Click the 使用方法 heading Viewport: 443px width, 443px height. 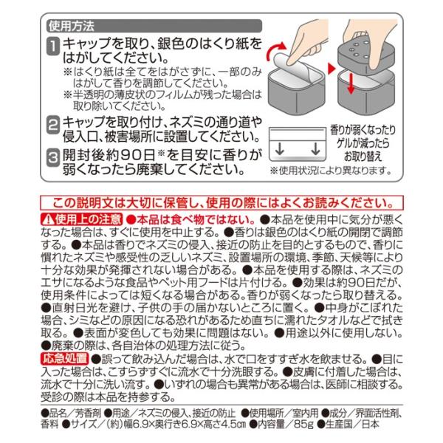click(71, 27)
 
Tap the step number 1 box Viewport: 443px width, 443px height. click(53, 46)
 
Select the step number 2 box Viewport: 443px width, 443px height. click(53, 125)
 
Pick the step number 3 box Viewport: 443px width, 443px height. click(53, 157)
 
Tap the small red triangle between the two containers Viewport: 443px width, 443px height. click(331, 69)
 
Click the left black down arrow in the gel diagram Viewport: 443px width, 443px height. click(280, 149)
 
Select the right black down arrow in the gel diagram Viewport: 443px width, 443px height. click(315, 149)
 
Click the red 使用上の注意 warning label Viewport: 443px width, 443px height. click(82, 219)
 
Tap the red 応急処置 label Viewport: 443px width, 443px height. click(65, 359)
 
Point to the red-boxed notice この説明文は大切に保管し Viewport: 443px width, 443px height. click(221, 203)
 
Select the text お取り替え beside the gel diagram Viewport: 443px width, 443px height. click(363, 157)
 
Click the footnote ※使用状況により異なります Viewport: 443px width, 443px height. click(331, 171)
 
